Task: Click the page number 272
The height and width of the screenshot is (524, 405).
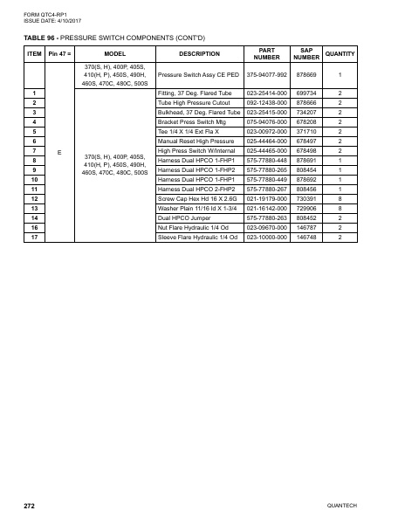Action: (x=29, y=507)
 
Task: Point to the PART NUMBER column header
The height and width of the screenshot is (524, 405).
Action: (x=267, y=54)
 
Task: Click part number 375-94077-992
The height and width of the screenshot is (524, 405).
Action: (x=266, y=75)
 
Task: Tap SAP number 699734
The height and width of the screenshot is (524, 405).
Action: (x=305, y=93)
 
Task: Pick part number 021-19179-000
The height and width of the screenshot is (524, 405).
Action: (x=266, y=198)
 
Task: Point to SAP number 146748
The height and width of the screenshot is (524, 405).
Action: (x=305, y=238)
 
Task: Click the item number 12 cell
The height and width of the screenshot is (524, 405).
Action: (x=33, y=198)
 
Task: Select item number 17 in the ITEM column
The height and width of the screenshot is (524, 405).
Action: (x=33, y=238)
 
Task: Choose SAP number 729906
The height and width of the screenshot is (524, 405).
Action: (x=305, y=210)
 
